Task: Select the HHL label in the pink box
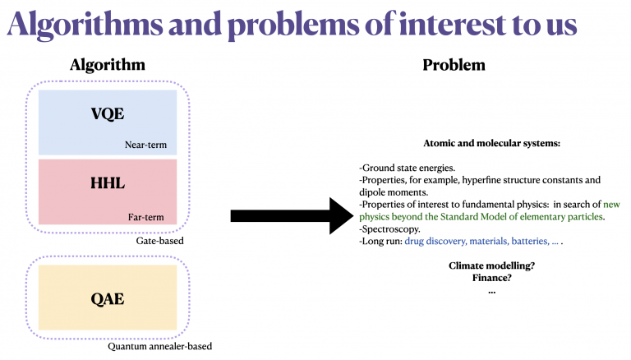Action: [x=108, y=182]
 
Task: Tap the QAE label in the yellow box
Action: [x=108, y=298]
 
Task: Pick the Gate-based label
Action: [x=159, y=242]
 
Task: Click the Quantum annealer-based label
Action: [x=159, y=347]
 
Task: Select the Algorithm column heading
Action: [x=108, y=65]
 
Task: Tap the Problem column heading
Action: [x=454, y=65]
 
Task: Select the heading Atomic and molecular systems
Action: [x=491, y=143]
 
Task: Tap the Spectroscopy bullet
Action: [x=389, y=229]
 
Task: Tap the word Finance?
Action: [x=491, y=278]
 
